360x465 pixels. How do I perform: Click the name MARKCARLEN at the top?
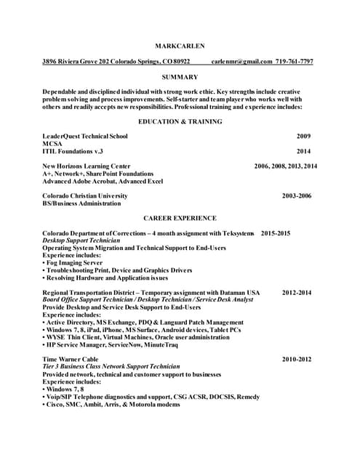(x=180, y=46)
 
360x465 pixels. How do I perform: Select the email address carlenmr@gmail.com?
(x=241, y=62)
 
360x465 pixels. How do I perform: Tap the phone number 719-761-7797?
(x=295, y=62)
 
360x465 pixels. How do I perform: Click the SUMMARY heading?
(x=180, y=77)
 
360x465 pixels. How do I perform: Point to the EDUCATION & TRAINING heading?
(x=180, y=121)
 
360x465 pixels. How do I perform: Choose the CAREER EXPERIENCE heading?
(x=180, y=218)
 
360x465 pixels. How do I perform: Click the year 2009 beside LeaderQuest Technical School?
(x=303, y=136)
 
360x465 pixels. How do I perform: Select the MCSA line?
(x=52, y=144)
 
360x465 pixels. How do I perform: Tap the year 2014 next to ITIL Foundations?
(x=303, y=151)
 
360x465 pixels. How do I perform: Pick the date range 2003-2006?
(x=297, y=196)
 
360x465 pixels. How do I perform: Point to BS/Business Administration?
(x=81, y=203)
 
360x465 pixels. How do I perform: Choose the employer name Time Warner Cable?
(x=70, y=359)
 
